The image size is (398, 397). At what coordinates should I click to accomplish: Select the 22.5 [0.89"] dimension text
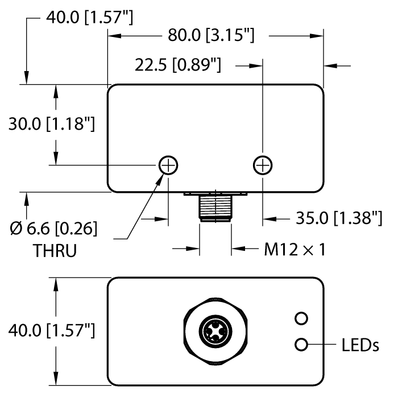click(x=177, y=65)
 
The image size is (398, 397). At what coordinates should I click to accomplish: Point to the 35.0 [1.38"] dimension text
click(x=339, y=218)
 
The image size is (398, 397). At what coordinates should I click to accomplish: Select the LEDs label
click(x=360, y=344)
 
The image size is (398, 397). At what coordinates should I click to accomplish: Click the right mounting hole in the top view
click(x=262, y=166)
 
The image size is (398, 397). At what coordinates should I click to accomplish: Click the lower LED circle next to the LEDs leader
click(x=301, y=344)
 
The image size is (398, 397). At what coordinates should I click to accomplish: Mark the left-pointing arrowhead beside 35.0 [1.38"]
click(x=268, y=218)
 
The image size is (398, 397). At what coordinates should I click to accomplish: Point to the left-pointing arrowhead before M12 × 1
click(x=237, y=249)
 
